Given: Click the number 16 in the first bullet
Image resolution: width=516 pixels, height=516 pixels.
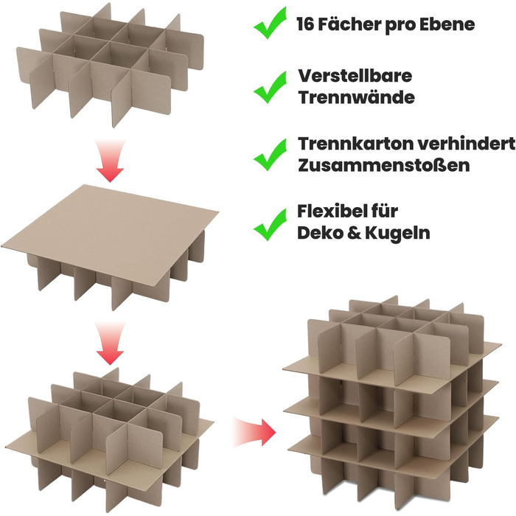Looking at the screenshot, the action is pos(305,24).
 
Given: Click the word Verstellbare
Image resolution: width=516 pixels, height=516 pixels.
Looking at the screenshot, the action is pos(355,76).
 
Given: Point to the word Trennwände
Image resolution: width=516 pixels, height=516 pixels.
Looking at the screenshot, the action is pos(356,97).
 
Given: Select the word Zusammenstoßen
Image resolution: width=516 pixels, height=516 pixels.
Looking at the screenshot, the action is pos(384,166).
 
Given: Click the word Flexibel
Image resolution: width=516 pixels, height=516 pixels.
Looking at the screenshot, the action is pos(335,212).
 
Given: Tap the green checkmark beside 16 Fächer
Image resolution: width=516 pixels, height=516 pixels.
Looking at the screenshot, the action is pos(271,23).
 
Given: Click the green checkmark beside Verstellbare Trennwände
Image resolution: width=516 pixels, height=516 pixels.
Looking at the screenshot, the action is pos(271,87).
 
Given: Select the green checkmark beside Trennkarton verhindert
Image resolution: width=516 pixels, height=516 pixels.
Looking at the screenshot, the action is pos(271,155).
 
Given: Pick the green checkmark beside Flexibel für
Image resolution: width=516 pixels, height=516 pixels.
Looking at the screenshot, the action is pos(271,224).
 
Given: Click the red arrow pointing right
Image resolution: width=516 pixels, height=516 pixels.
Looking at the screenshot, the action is pos(254,432).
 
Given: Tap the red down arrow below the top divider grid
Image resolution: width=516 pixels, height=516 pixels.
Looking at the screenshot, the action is pos(110,161).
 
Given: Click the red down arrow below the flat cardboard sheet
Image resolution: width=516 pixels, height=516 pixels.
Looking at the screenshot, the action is pos(110,344).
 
